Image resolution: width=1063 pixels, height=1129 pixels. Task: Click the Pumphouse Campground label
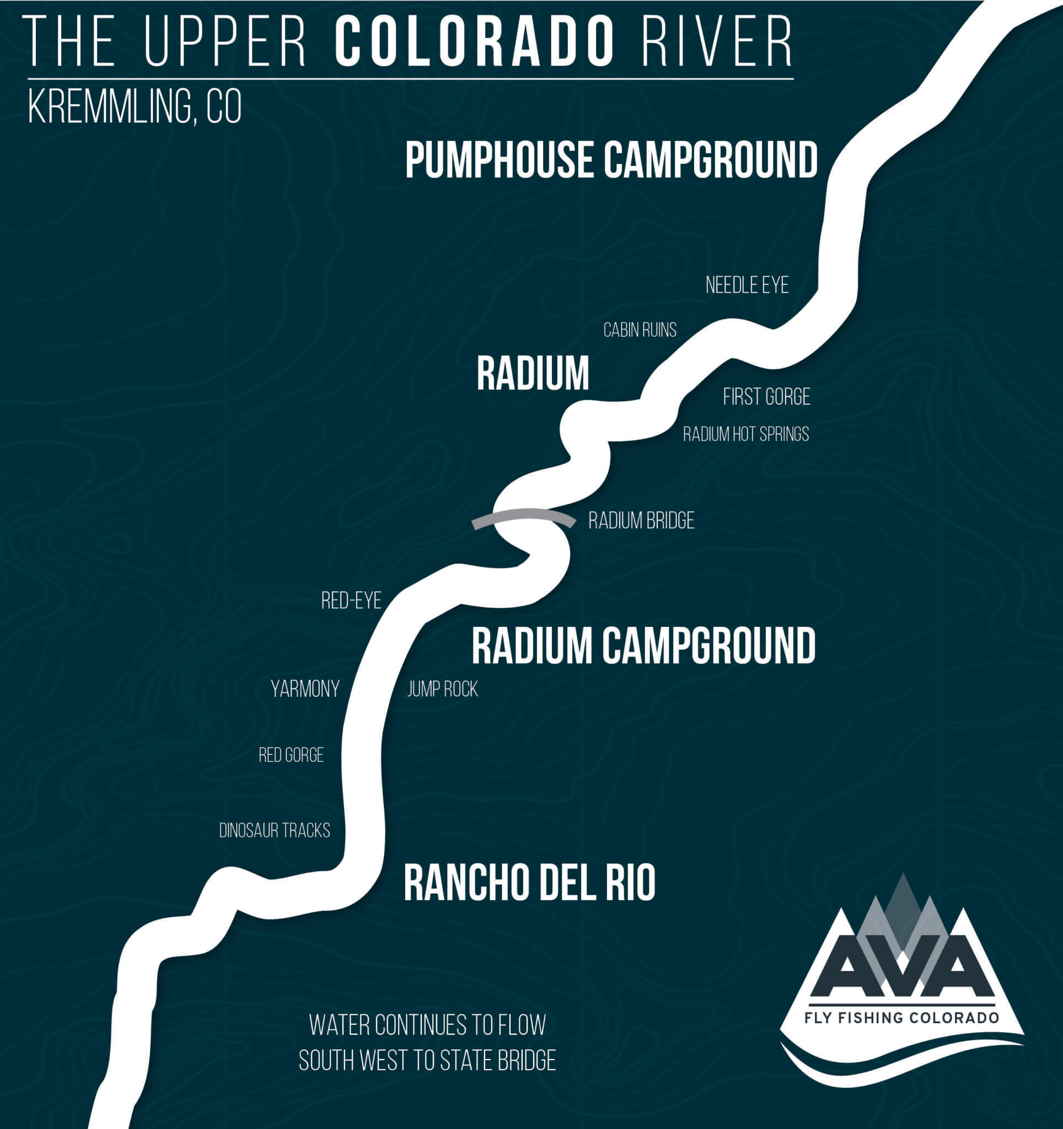611,160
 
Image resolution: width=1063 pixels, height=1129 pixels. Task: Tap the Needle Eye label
747,285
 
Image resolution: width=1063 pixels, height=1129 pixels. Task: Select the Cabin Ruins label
640,330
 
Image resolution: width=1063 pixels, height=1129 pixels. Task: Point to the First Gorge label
766,396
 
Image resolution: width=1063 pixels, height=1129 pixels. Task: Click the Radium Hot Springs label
745,434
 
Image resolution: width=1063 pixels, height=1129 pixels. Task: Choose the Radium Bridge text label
641,521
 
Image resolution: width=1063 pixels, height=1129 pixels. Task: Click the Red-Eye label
351,601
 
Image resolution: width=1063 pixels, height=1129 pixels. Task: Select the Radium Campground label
643,646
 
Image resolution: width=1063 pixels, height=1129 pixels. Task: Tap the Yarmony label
305,689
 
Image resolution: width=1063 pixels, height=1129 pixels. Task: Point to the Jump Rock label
442,690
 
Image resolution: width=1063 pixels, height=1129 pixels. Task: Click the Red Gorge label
291,755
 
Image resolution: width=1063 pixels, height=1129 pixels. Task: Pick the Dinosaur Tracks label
274,831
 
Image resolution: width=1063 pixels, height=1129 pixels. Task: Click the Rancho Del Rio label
529,883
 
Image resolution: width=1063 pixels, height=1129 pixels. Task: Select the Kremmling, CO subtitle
135,107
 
